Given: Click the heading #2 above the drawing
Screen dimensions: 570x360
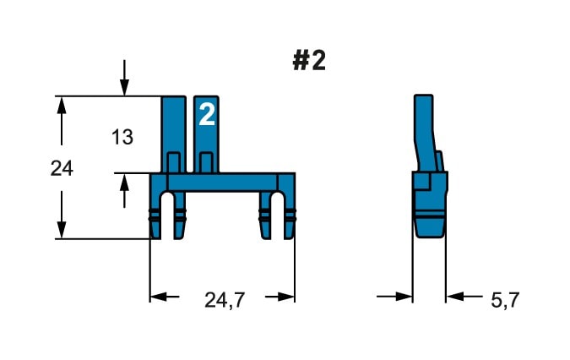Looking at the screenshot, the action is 309,61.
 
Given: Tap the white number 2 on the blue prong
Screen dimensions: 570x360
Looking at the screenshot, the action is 207,114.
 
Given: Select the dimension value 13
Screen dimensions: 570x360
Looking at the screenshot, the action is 122,137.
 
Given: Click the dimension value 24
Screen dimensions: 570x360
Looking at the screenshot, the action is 62,169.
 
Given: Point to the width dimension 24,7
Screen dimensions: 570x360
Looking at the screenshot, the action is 225,300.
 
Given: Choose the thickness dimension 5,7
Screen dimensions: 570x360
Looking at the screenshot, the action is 505,300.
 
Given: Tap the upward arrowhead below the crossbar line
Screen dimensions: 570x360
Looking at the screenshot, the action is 124,182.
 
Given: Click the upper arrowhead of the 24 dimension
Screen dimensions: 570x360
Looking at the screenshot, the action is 62,105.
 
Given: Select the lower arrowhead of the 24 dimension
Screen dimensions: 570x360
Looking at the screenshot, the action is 62,230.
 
